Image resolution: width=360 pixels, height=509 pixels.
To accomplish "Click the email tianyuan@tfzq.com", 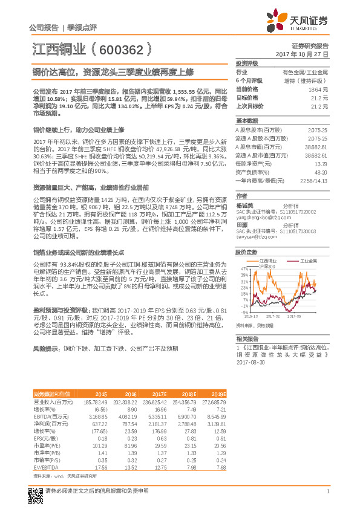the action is (255, 237).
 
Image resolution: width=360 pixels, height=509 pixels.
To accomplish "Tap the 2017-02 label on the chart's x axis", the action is (273, 316).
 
